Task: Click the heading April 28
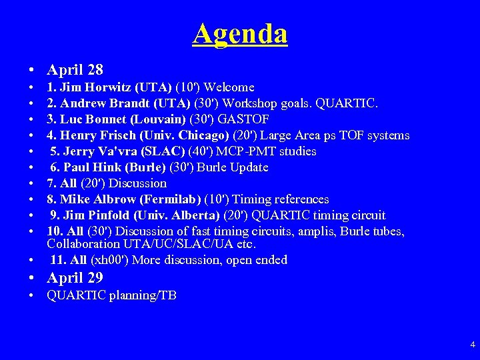(75, 69)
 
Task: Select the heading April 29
(75, 278)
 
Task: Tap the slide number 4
(473, 345)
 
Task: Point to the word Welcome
(229, 87)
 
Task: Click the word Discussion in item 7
(137, 183)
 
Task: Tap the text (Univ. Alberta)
(175, 215)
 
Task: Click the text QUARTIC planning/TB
(111, 295)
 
